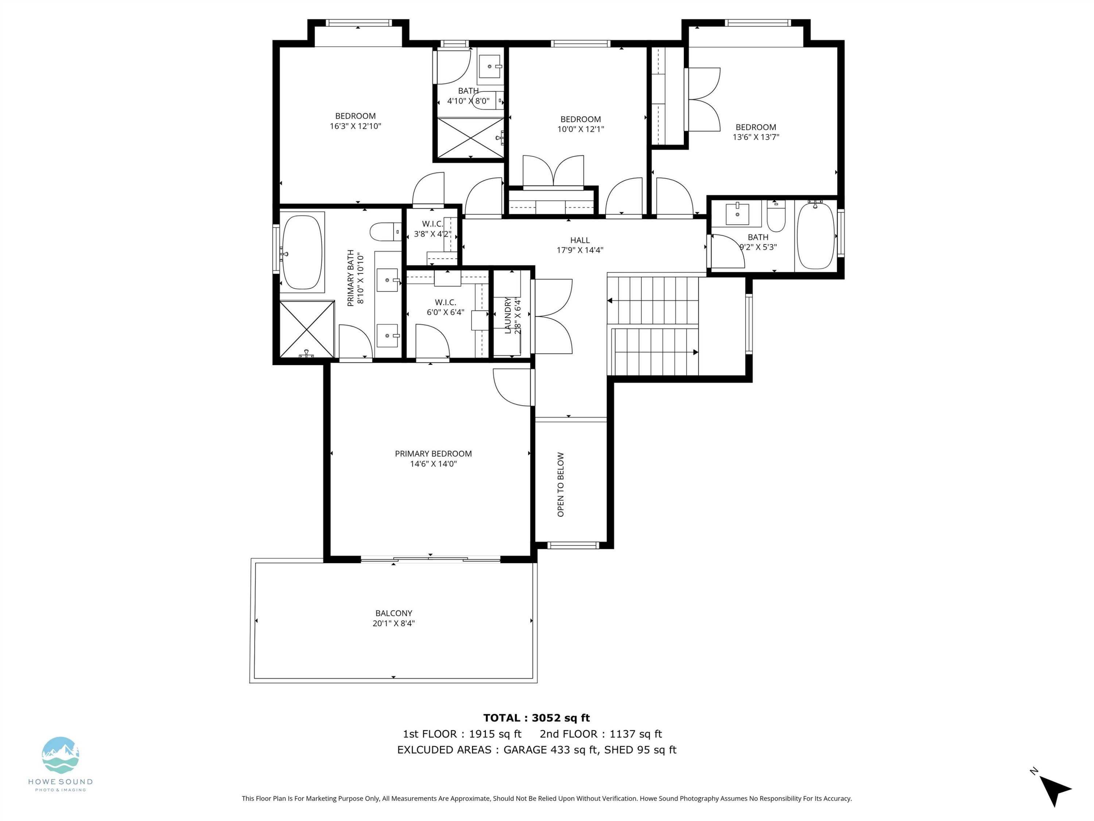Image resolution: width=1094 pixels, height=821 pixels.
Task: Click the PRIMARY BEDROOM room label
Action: click(x=433, y=453)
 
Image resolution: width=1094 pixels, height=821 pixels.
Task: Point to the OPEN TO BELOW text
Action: click(x=560, y=485)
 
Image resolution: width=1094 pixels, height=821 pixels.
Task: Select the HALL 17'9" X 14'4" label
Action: click(x=580, y=245)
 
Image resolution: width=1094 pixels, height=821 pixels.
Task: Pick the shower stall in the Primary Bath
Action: click(x=307, y=329)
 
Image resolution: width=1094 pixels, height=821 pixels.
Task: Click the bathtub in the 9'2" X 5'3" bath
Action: click(x=815, y=236)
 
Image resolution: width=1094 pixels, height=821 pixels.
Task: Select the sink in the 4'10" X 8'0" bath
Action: click(x=490, y=66)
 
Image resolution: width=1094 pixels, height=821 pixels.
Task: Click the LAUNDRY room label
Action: click(x=508, y=315)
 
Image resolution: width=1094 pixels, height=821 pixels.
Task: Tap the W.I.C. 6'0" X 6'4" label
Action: click(x=445, y=307)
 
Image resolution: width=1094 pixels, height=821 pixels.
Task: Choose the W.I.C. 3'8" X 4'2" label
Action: click(x=432, y=229)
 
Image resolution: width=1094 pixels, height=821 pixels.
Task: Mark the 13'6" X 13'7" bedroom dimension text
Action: click(x=755, y=137)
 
